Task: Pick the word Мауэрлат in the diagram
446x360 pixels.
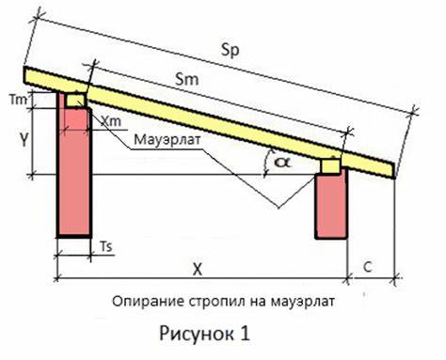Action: click(x=167, y=143)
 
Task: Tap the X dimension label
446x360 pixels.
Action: click(x=198, y=269)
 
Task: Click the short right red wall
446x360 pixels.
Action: click(x=329, y=205)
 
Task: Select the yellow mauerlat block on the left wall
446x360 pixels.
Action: click(x=73, y=99)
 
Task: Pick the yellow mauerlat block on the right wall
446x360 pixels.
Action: click(x=329, y=165)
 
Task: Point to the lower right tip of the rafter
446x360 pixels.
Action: click(x=396, y=178)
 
